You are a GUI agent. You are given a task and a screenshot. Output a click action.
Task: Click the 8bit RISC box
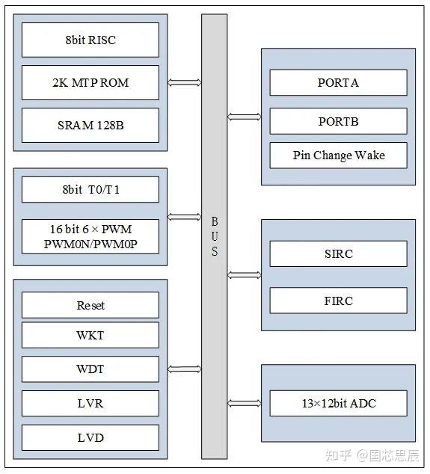(x=90, y=40)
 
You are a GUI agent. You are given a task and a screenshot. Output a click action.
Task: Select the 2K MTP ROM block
(x=90, y=82)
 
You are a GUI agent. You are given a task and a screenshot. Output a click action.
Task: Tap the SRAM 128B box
(x=90, y=125)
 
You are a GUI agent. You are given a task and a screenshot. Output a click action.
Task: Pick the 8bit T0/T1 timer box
(x=90, y=189)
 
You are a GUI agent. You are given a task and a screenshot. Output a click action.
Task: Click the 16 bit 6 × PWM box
(x=90, y=236)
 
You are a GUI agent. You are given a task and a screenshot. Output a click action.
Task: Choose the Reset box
(x=90, y=305)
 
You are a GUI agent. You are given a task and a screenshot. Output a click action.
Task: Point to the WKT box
(x=90, y=335)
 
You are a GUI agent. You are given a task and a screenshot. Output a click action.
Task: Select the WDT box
(x=90, y=369)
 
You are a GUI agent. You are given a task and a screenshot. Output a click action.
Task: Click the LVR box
(x=90, y=404)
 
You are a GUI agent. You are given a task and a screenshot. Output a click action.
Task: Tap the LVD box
(x=90, y=437)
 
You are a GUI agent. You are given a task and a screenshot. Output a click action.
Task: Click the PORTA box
(x=338, y=82)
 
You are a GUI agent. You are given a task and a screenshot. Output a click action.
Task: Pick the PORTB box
(x=338, y=121)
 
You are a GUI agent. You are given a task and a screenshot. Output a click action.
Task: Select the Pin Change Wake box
(x=338, y=156)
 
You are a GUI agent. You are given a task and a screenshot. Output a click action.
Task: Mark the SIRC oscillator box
(x=338, y=253)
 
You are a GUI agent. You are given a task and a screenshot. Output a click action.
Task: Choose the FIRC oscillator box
(x=338, y=301)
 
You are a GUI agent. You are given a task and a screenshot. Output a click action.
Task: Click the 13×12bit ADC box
(x=338, y=404)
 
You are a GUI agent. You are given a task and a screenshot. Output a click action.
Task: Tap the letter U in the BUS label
(x=214, y=236)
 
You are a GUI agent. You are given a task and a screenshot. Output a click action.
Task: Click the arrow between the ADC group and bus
(x=244, y=404)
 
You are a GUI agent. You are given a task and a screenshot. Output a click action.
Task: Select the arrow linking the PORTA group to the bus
(x=244, y=117)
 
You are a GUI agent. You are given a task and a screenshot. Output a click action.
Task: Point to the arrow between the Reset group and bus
(x=185, y=369)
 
